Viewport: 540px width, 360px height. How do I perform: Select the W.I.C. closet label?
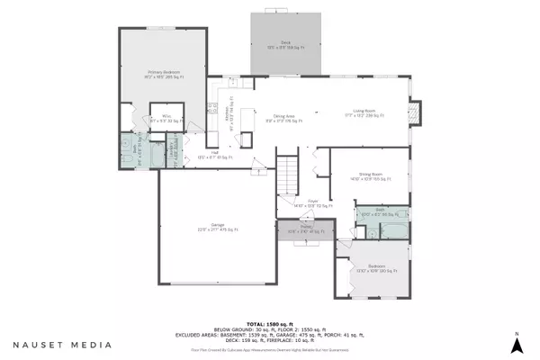(167, 117)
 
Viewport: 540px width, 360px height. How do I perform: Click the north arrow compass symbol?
(517, 342)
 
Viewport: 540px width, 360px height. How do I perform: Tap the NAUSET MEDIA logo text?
(62, 344)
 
